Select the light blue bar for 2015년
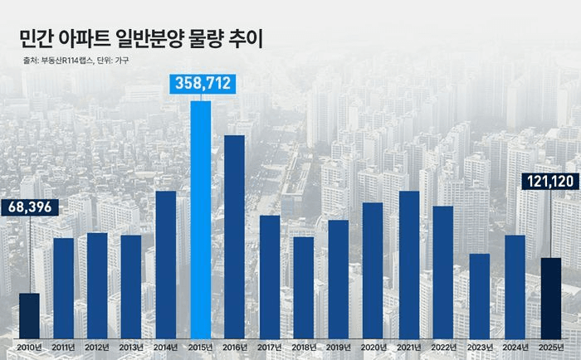click(x=201, y=217)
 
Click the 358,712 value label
click(x=202, y=84)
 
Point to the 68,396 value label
click(x=29, y=207)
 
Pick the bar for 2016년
click(x=235, y=235)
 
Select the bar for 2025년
click(x=551, y=296)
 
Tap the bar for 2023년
click(x=480, y=294)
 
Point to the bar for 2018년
click(x=304, y=285)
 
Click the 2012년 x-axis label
click(x=97, y=347)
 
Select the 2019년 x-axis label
click(x=339, y=347)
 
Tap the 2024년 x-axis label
click(x=515, y=347)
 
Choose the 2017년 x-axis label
click(x=270, y=347)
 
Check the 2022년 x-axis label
click(x=444, y=347)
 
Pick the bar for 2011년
click(x=63, y=286)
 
